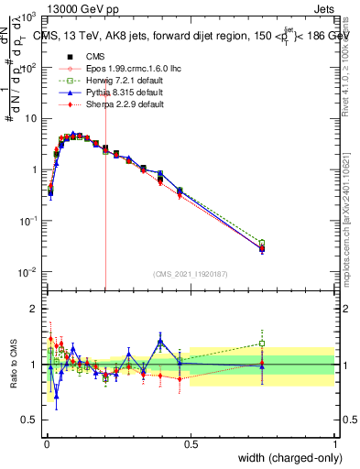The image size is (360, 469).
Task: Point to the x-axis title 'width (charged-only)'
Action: [286, 458]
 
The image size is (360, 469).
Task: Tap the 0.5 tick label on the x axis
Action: [191, 445]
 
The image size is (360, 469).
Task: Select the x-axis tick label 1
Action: [334, 445]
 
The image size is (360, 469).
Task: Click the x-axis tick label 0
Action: [47, 445]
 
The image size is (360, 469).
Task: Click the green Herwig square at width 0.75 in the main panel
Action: [262, 243]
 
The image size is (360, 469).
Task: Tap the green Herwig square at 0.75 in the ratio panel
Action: [262, 344]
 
